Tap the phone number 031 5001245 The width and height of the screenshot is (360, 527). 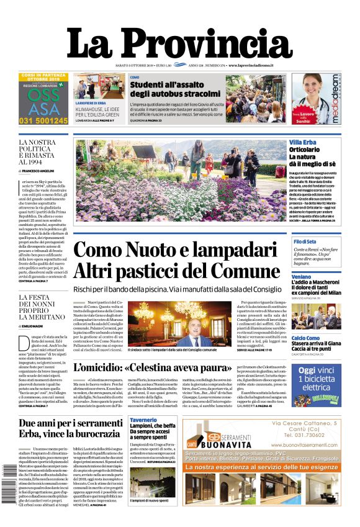[x=43, y=120]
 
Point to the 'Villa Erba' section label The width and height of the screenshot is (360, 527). [x=302, y=143]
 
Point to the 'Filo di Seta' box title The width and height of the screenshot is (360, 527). [x=305, y=241]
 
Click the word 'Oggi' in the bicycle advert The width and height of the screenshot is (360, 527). [x=307, y=371]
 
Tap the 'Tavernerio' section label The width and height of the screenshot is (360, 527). [x=143, y=420]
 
